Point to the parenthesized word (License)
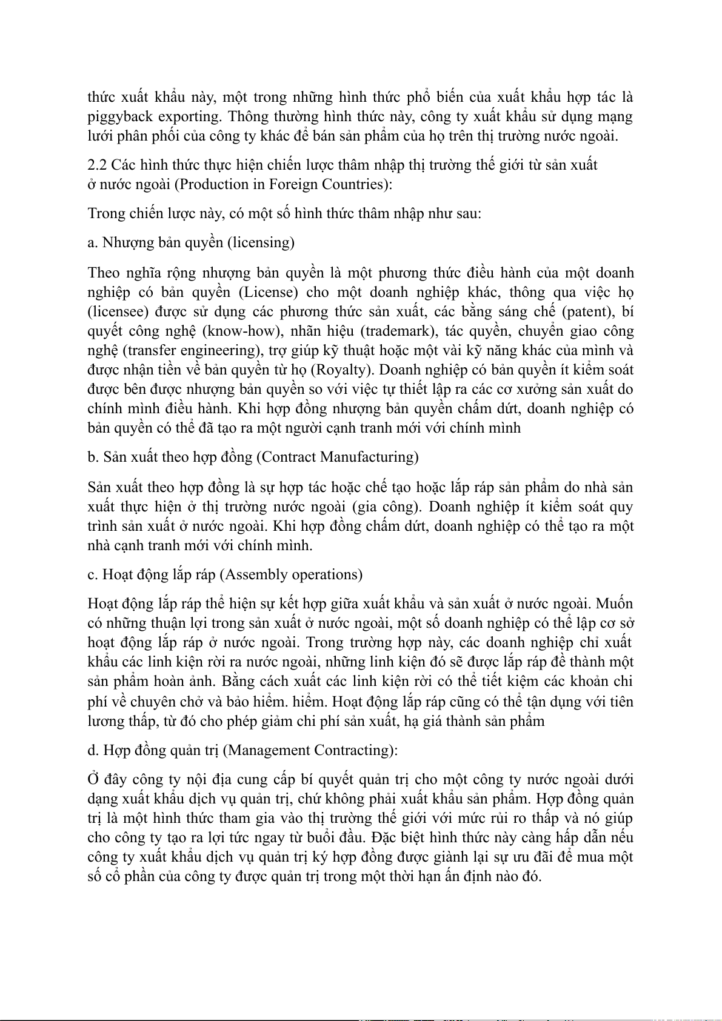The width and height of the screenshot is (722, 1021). click(x=269, y=292)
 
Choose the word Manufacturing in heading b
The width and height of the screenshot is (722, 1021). click(x=370, y=457)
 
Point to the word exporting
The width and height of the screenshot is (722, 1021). click(x=192, y=117)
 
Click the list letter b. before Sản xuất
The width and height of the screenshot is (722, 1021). click(x=93, y=457)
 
